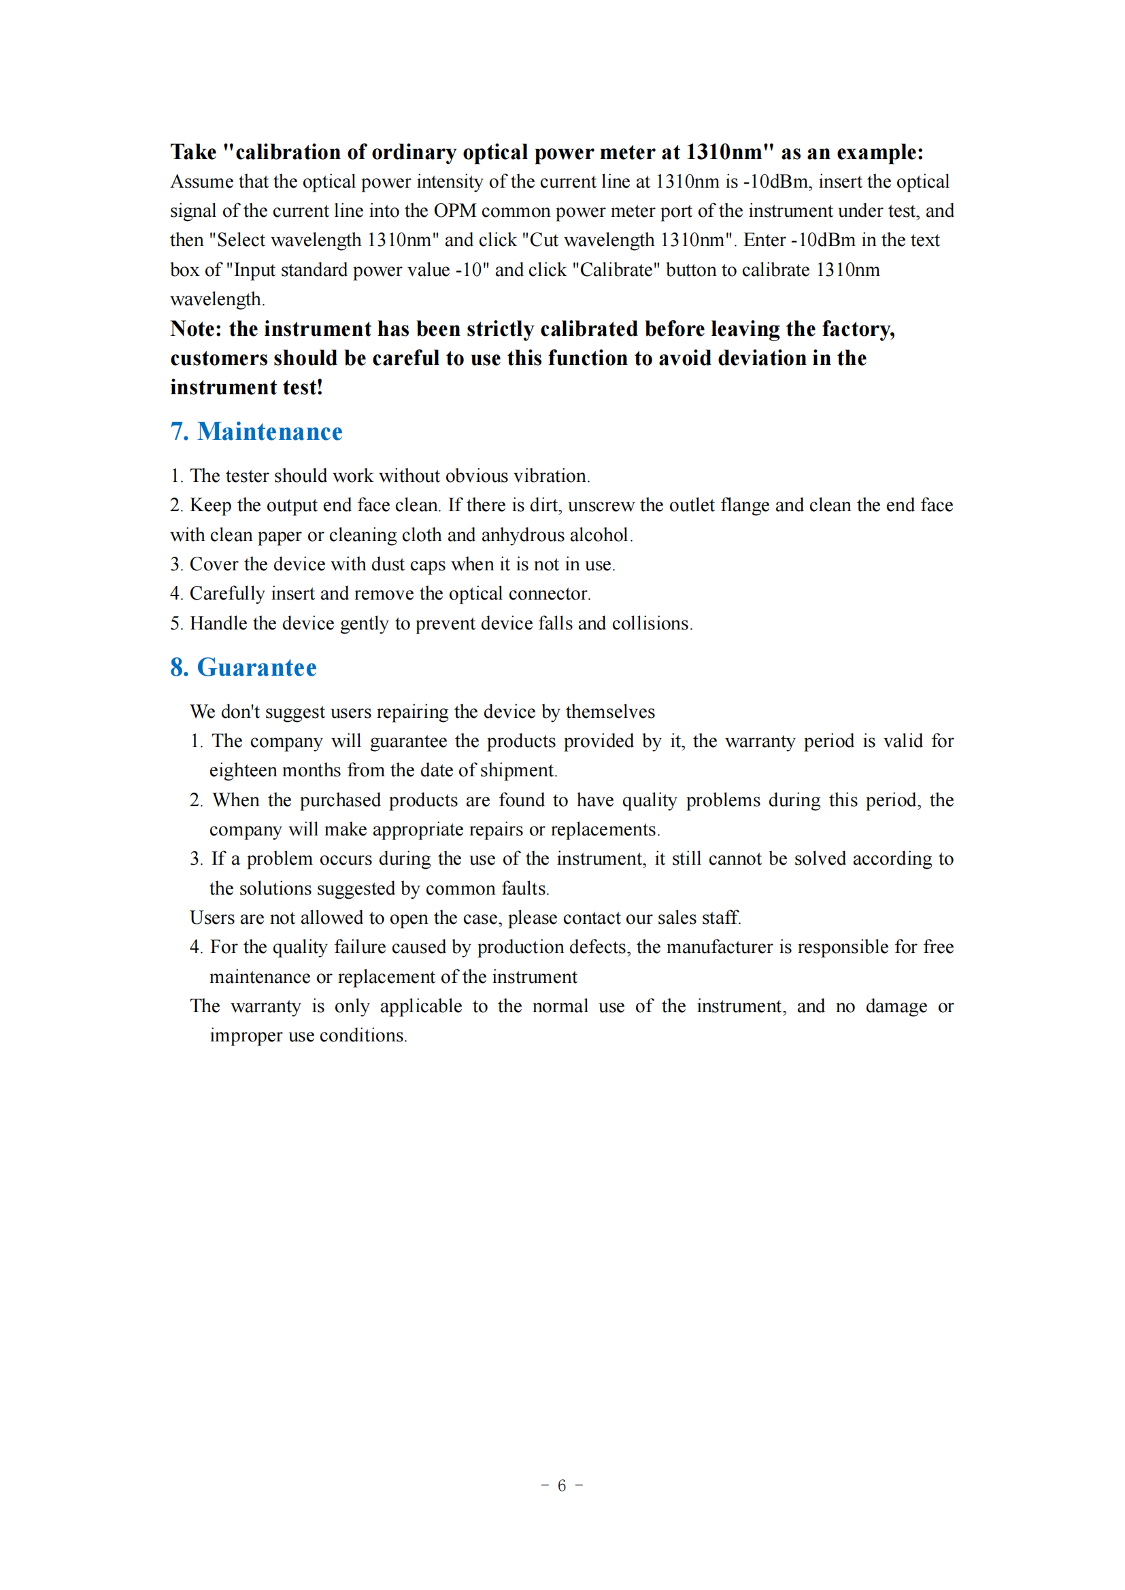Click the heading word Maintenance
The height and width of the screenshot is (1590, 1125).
click(269, 432)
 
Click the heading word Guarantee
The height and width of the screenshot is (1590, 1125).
click(257, 668)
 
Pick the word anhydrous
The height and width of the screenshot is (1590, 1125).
click(522, 535)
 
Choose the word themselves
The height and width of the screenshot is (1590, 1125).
click(609, 712)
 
